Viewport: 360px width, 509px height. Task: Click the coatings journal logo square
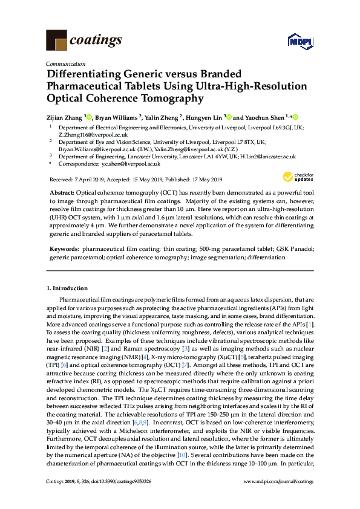point(56,40)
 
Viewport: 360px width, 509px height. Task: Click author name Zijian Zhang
point(65,117)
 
